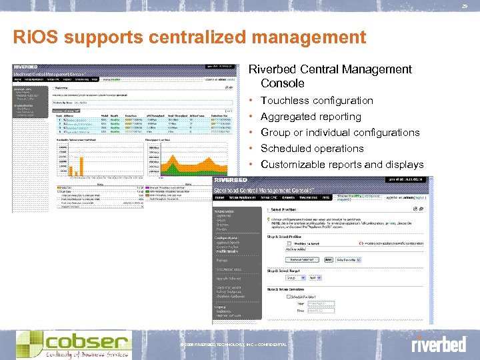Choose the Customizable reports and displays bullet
click(x=342, y=165)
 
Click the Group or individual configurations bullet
click(x=340, y=133)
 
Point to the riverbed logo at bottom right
click(x=438, y=344)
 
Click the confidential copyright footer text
click(x=233, y=345)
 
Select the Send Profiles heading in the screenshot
click(x=288, y=209)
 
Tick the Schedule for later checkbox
click(x=288, y=297)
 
